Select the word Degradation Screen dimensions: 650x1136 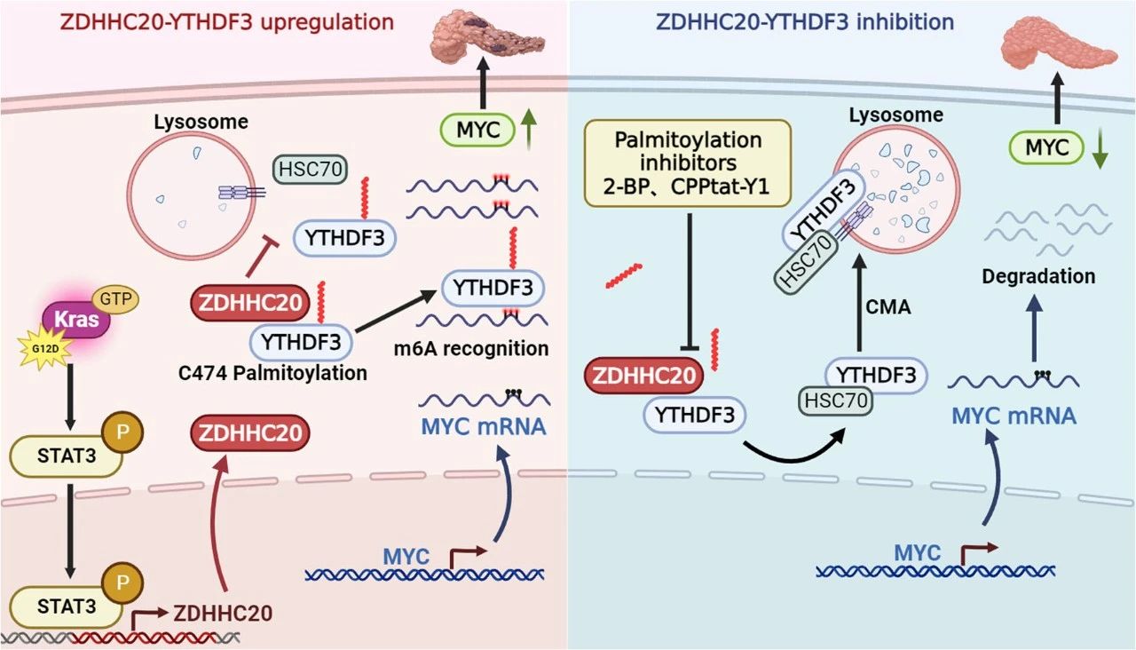coord(1038,277)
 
